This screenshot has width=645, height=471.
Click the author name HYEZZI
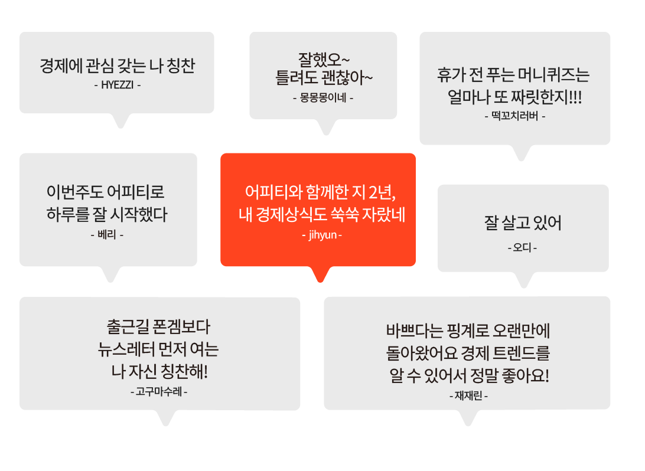[x=118, y=85]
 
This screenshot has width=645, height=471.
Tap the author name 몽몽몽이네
[x=323, y=98]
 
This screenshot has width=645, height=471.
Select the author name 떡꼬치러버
[x=514, y=116]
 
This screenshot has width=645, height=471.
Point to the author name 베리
[x=107, y=235]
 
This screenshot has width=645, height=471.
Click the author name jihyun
[x=322, y=235]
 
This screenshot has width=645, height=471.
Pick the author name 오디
[x=522, y=247]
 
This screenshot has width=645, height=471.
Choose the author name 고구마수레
[x=159, y=392]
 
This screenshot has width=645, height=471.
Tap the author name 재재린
[x=468, y=396]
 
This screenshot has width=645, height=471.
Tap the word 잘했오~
[x=324, y=60]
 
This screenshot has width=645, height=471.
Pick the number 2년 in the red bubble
[x=382, y=192]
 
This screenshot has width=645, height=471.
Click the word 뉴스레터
[x=125, y=349]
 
